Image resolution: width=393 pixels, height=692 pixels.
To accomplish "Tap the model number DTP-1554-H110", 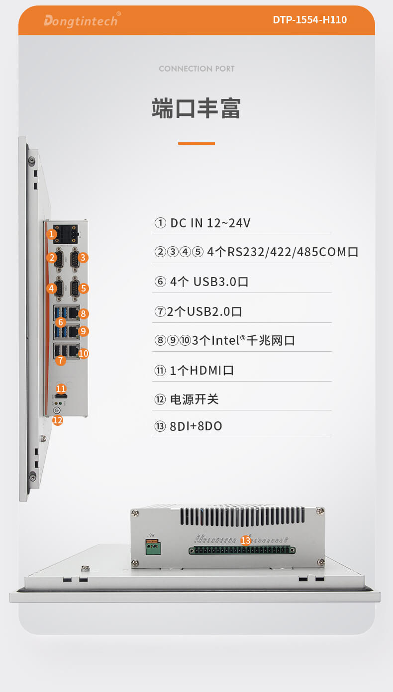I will pyautogui.click(x=309, y=20).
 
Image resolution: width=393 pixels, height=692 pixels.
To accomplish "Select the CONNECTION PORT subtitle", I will pyautogui.click(x=196, y=69).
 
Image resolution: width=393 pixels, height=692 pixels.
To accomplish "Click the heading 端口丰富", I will pyautogui.click(x=196, y=108).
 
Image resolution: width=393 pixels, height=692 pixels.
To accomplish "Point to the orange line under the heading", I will pyautogui.click(x=196, y=143).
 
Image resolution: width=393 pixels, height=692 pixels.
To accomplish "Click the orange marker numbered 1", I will pyautogui.click(x=52, y=234).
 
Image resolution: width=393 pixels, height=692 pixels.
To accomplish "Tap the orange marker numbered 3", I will pyautogui.click(x=83, y=257).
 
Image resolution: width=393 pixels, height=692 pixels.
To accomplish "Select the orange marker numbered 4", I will pyautogui.click(x=52, y=288).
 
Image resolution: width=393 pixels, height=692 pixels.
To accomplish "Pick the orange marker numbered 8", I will pyautogui.click(x=84, y=313).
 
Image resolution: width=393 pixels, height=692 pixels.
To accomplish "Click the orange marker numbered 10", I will pyautogui.click(x=84, y=353).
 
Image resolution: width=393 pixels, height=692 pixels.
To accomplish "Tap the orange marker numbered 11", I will pyautogui.click(x=61, y=389).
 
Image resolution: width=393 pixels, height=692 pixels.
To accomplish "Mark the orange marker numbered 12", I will pyautogui.click(x=58, y=420).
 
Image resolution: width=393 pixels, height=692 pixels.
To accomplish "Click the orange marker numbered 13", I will pyautogui.click(x=246, y=540).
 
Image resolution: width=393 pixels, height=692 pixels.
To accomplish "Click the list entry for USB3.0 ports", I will pyautogui.click(x=201, y=282).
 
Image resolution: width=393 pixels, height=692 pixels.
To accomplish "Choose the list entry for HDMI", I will pyautogui.click(x=195, y=370).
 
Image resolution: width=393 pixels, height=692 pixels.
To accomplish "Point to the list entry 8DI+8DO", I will pyautogui.click(x=189, y=426).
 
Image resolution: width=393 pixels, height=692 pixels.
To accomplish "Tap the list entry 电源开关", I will pyautogui.click(x=187, y=399).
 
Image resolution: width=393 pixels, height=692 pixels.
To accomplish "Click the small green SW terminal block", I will pyautogui.click(x=154, y=548).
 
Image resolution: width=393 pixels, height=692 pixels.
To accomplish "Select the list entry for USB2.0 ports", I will pyautogui.click(x=198, y=312).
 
